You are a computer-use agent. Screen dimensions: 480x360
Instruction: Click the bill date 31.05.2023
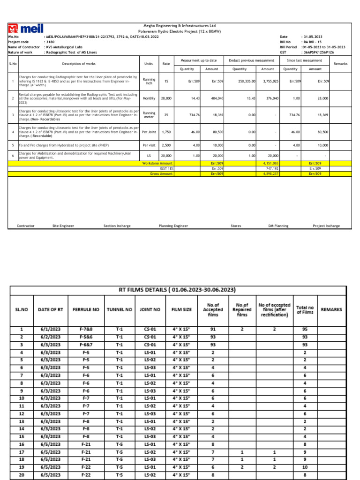(x=312, y=36)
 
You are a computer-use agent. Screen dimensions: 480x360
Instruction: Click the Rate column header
(x=166, y=64)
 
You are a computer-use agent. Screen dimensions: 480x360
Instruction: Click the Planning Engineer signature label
(x=173, y=226)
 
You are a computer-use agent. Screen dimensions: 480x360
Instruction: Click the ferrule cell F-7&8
(x=86, y=330)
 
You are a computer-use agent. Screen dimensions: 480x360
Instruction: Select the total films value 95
(x=305, y=330)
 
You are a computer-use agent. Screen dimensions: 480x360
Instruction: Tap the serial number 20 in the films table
(x=22, y=474)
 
